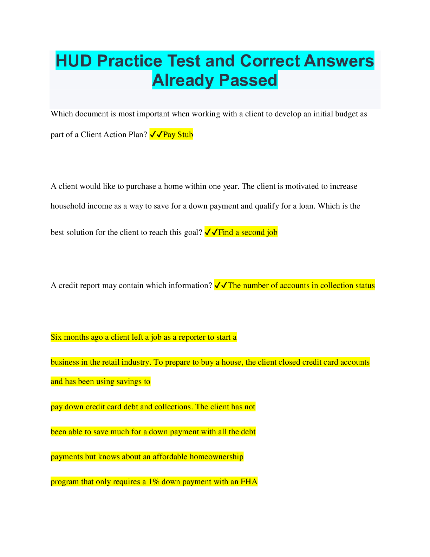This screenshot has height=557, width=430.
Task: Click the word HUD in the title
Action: tap(74, 61)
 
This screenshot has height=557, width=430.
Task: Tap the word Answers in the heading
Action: tap(339, 61)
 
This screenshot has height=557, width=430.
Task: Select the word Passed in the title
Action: tap(248, 80)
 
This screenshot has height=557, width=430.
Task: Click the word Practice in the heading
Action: tap(130, 61)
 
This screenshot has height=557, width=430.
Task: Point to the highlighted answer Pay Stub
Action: tap(178, 134)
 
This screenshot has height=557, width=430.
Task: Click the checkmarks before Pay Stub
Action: tap(156, 134)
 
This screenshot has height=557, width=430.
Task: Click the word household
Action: tap(68, 206)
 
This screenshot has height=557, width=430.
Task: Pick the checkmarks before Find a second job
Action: tap(211, 232)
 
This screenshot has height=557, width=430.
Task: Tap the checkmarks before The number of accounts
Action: tap(221, 285)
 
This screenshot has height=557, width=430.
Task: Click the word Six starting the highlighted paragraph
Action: tap(56, 337)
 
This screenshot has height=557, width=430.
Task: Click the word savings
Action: tap(128, 382)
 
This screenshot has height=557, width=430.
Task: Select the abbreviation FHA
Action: tap(249, 482)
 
